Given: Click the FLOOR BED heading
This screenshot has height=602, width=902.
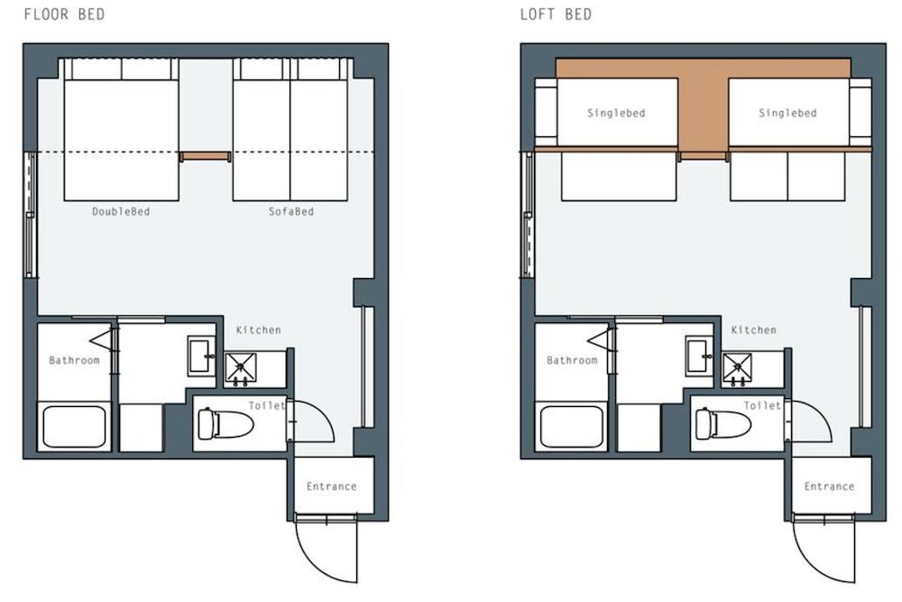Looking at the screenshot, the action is tap(64, 14).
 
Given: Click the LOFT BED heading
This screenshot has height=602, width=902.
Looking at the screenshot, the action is tap(556, 14).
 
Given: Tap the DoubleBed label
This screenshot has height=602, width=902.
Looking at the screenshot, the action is tap(121, 212).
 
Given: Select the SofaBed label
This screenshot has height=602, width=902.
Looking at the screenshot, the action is tap(291, 212).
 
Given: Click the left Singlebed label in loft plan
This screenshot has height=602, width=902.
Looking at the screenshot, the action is tap(616, 114).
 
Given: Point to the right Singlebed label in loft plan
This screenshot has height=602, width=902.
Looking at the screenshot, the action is tap(787, 114).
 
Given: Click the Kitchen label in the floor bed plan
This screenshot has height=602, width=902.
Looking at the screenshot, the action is tap(258, 330).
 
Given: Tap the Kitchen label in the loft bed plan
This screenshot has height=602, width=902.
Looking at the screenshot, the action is tap(753, 330).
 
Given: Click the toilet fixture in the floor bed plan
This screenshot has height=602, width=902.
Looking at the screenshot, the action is tap(225, 424).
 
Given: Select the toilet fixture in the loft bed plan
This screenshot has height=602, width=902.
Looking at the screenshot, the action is tap(723, 424).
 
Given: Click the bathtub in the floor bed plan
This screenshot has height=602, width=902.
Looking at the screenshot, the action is tap(74, 427).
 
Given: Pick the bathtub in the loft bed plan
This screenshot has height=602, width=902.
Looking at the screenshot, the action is tap(572, 427).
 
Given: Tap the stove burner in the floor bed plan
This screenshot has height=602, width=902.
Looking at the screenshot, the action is tap(241, 368).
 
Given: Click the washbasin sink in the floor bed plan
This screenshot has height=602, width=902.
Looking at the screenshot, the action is tap(201, 357).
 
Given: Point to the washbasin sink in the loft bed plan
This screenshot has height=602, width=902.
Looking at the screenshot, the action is tap(699, 357).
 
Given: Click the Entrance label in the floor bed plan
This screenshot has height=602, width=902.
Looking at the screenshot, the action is tap(331, 486).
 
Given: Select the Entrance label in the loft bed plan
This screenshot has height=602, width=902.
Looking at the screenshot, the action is tap(829, 486).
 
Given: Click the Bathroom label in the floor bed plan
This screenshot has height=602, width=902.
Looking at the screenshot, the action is tap(74, 361).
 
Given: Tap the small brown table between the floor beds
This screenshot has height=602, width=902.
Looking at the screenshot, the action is tap(206, 156).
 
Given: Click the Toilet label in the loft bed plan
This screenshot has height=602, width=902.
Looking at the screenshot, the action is tap(762, 406).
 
